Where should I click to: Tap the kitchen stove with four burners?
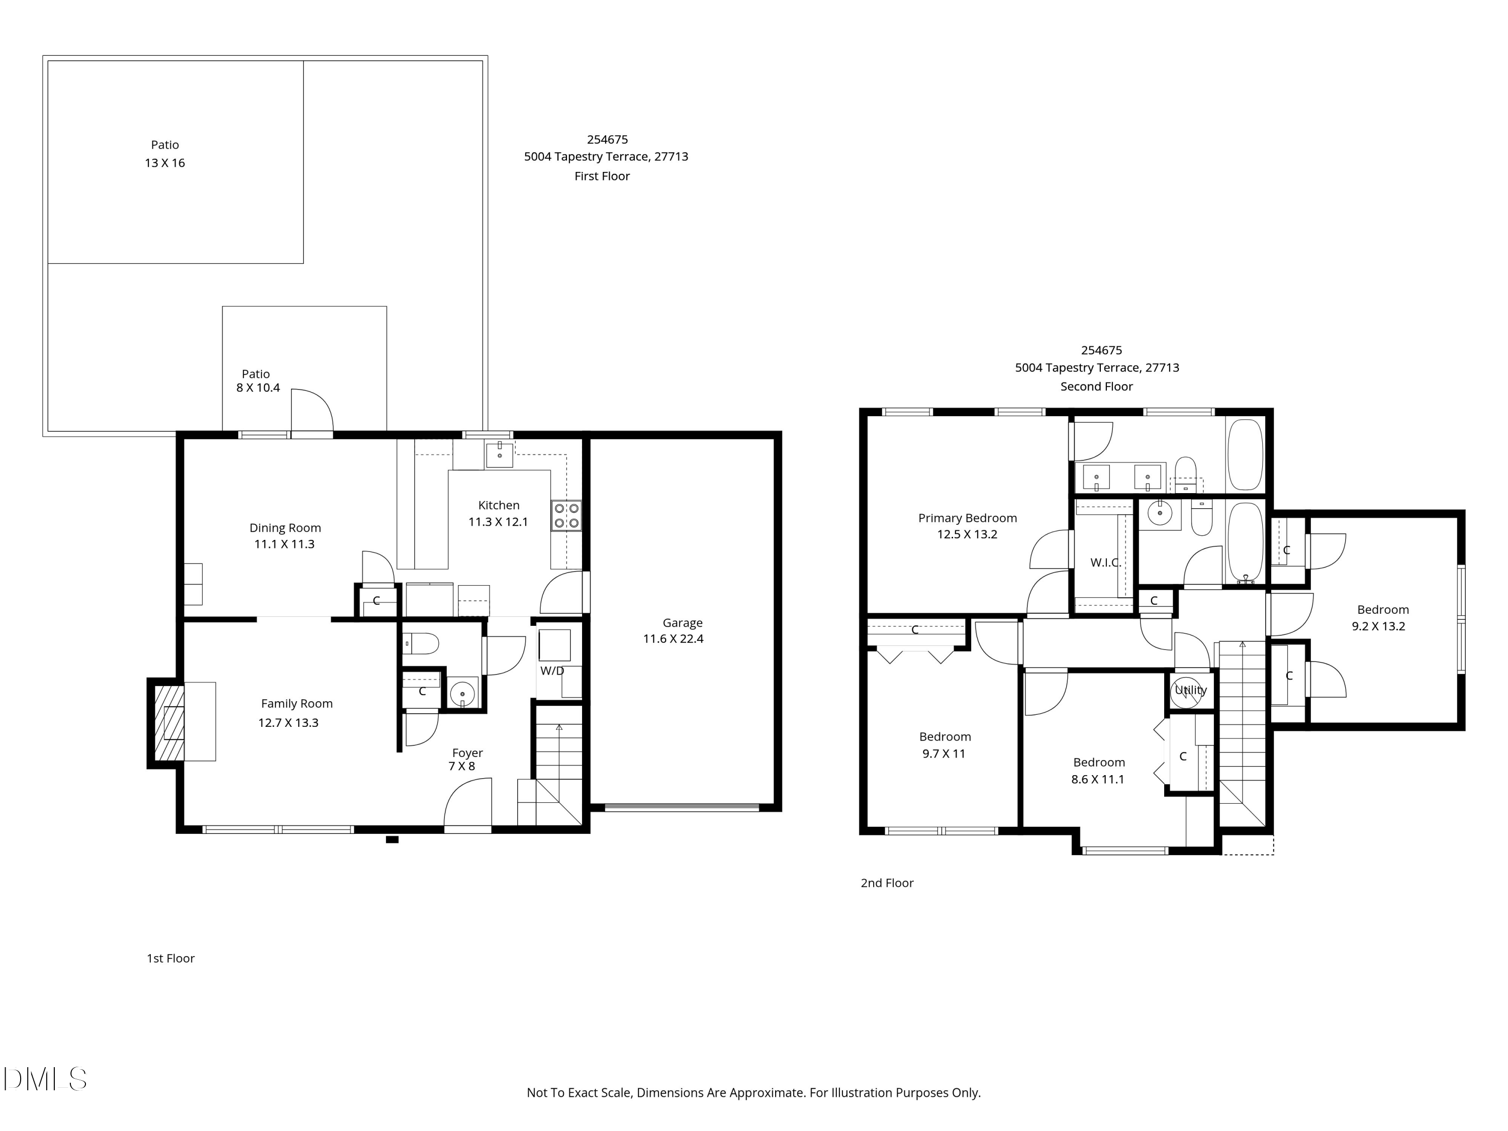tap(566, 515)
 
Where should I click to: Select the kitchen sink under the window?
tap(499, 455)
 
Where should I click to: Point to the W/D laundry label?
tap(552, 671)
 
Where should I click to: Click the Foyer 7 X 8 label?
tap(466, 760)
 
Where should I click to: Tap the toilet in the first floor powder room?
tap(421, 643)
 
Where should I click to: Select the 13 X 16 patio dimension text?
tap(164, 163)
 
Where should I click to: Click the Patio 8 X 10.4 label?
tap(257, 381)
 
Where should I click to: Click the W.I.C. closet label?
tap(1105, 562)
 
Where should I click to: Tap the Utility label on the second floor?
tap(1190, 690)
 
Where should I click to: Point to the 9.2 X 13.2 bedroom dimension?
tap(1378, 626)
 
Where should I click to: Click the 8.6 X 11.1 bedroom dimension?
tap(1098, 779)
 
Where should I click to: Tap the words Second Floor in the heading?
tap(1096, 387)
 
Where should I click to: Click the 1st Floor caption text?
tap(170, 959)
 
